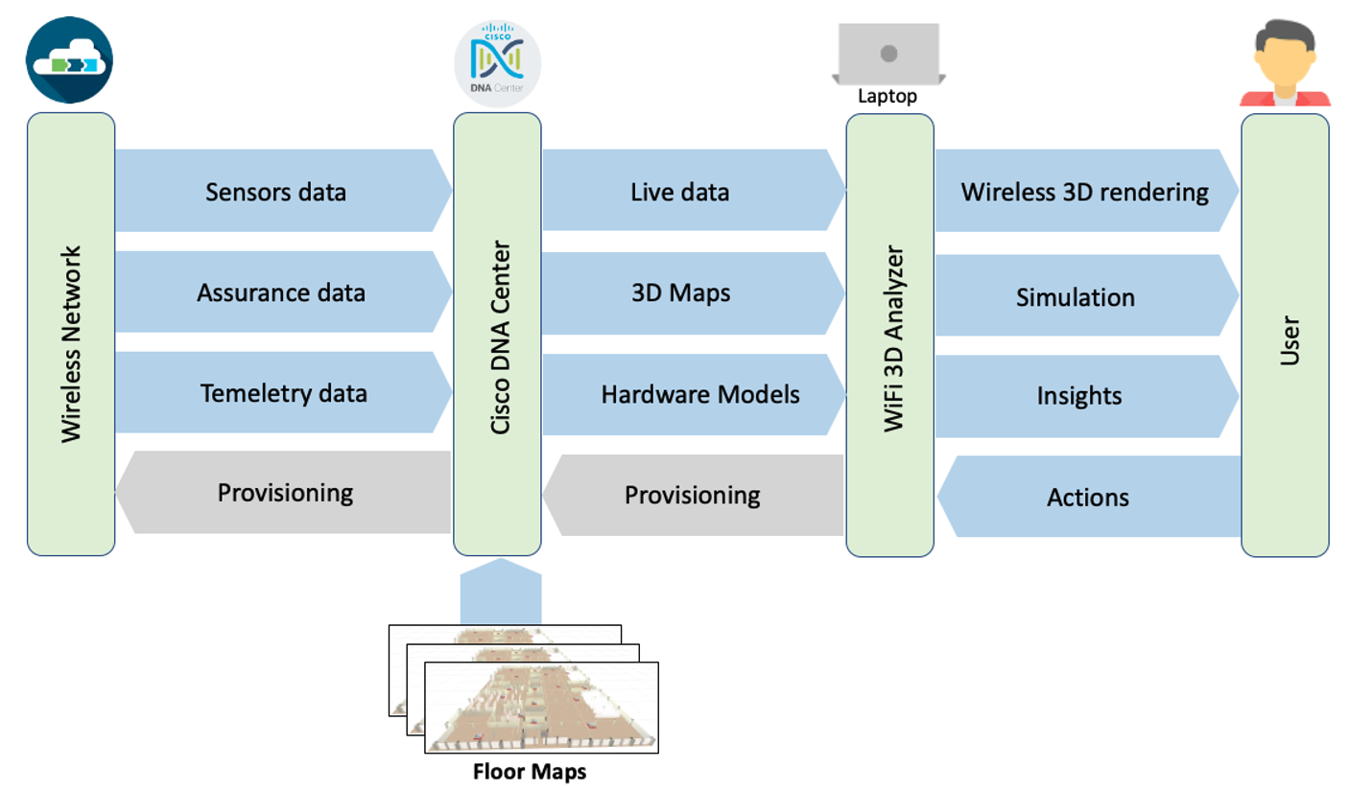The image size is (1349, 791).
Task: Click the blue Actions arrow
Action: pyautogui.click(x=1088, y=497)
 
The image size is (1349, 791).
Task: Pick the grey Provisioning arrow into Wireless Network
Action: pyautogui.click(x=283, y=493)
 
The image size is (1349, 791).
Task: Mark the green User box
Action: pyautogui.click(x=1285, y=336)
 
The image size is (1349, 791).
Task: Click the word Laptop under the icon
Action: pyautogui.click(x=888, y=98)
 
